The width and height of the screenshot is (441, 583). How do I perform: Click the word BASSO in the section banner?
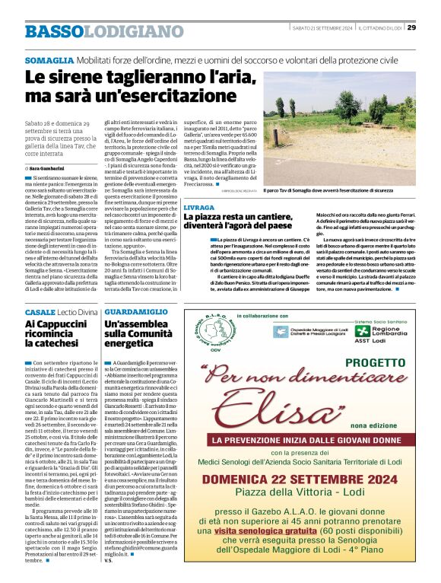point(54,31)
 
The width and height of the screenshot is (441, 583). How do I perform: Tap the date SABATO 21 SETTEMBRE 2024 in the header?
point(323,28)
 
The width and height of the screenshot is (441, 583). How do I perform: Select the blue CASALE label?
point(40,313)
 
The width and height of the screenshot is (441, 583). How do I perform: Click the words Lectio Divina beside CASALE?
point(78,313)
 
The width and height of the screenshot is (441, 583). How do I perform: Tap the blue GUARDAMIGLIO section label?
point(136,313)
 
